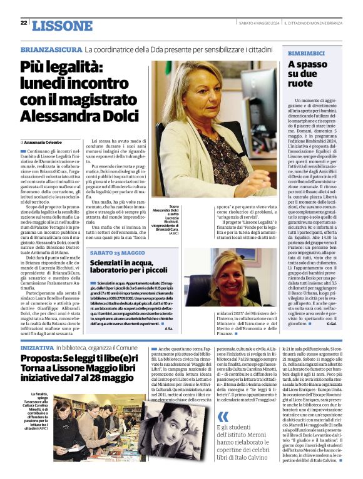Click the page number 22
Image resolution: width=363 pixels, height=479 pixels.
coord(23,23)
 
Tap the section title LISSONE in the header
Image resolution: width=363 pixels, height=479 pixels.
coord(61,25)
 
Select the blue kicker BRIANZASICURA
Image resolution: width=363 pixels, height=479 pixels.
coord(51,49)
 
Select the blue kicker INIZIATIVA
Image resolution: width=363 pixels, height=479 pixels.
coord(37,346)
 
